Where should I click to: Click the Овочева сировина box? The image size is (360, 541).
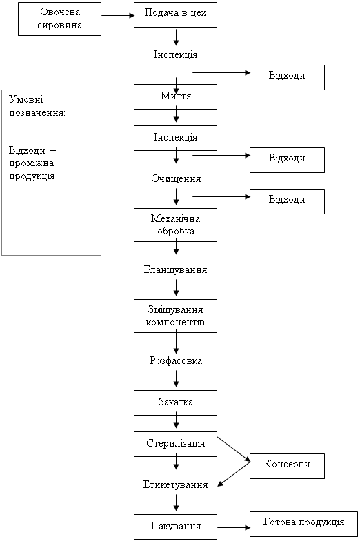(60, 19)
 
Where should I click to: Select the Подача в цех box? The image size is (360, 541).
(175, 15)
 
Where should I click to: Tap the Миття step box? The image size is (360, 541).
(175, 97)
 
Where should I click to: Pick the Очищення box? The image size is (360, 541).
(175, 179)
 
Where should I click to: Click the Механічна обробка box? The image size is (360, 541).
(175, 225)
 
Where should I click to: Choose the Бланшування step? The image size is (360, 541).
(175, 270)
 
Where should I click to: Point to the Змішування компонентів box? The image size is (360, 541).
(175, 316)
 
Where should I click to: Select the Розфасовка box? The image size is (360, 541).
(175, 362)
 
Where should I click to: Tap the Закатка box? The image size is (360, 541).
(175, 403)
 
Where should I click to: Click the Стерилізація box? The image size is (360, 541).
(175, 445)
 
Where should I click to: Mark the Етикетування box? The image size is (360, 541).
(175, 485)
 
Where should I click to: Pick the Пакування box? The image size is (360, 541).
(175, 527)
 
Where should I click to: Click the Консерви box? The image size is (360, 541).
(287, 466)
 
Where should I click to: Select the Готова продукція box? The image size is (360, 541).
(303, 524)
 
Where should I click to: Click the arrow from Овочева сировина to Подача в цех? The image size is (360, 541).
(118, 16)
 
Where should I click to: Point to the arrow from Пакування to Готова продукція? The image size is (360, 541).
(234, 527)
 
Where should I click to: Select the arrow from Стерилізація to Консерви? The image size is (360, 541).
(234, 449)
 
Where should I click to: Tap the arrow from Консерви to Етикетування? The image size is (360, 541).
(234, 474)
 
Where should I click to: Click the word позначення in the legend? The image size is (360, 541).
(37, 113)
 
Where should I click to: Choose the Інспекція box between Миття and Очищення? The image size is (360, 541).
(175, 138)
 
